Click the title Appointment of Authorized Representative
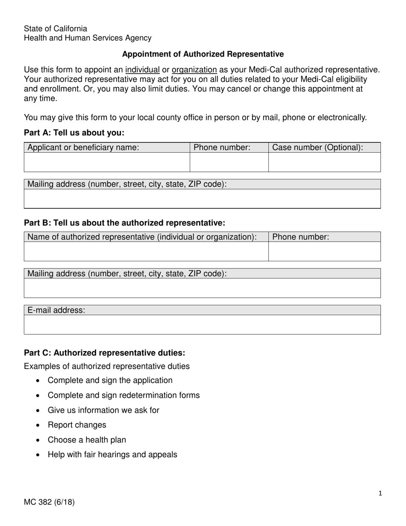tap(203, 54)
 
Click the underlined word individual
tap(142, 70)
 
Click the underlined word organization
tap(194, 70)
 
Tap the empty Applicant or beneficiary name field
tap(106, 163)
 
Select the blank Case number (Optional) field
tap(324, 163)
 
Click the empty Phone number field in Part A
tap(229, 163)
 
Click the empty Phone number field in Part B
tap(324, 251)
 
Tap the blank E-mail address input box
tap(202, 325)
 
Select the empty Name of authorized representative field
tap(146, 251)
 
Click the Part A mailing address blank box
tap(202, 199)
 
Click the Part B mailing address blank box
tap(202, 288)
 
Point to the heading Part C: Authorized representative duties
tap(105, 353)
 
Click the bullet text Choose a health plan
tap(87, 440)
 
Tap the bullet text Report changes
tap(77, 425)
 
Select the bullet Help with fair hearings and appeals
tap(112, 455)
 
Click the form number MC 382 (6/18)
tap(49, 502)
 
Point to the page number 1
tap(380, 493)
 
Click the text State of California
tap(56, 29)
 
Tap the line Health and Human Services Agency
tap(88, 38)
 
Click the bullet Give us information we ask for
tap(103, 410)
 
